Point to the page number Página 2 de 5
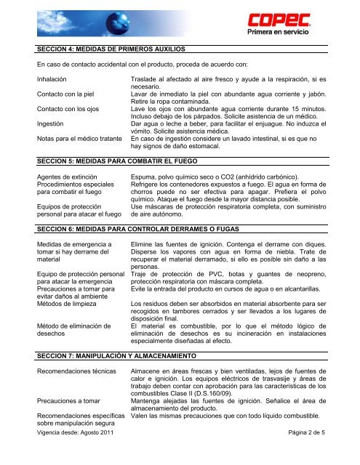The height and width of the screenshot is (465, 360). (x=319, y=453)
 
